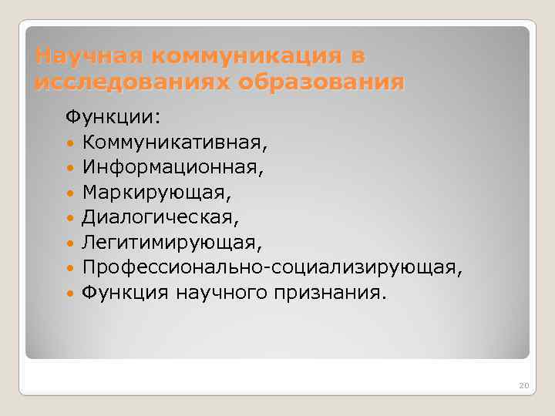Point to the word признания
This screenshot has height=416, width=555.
coord(336,292)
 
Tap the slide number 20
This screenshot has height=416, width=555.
coord(524,384)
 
